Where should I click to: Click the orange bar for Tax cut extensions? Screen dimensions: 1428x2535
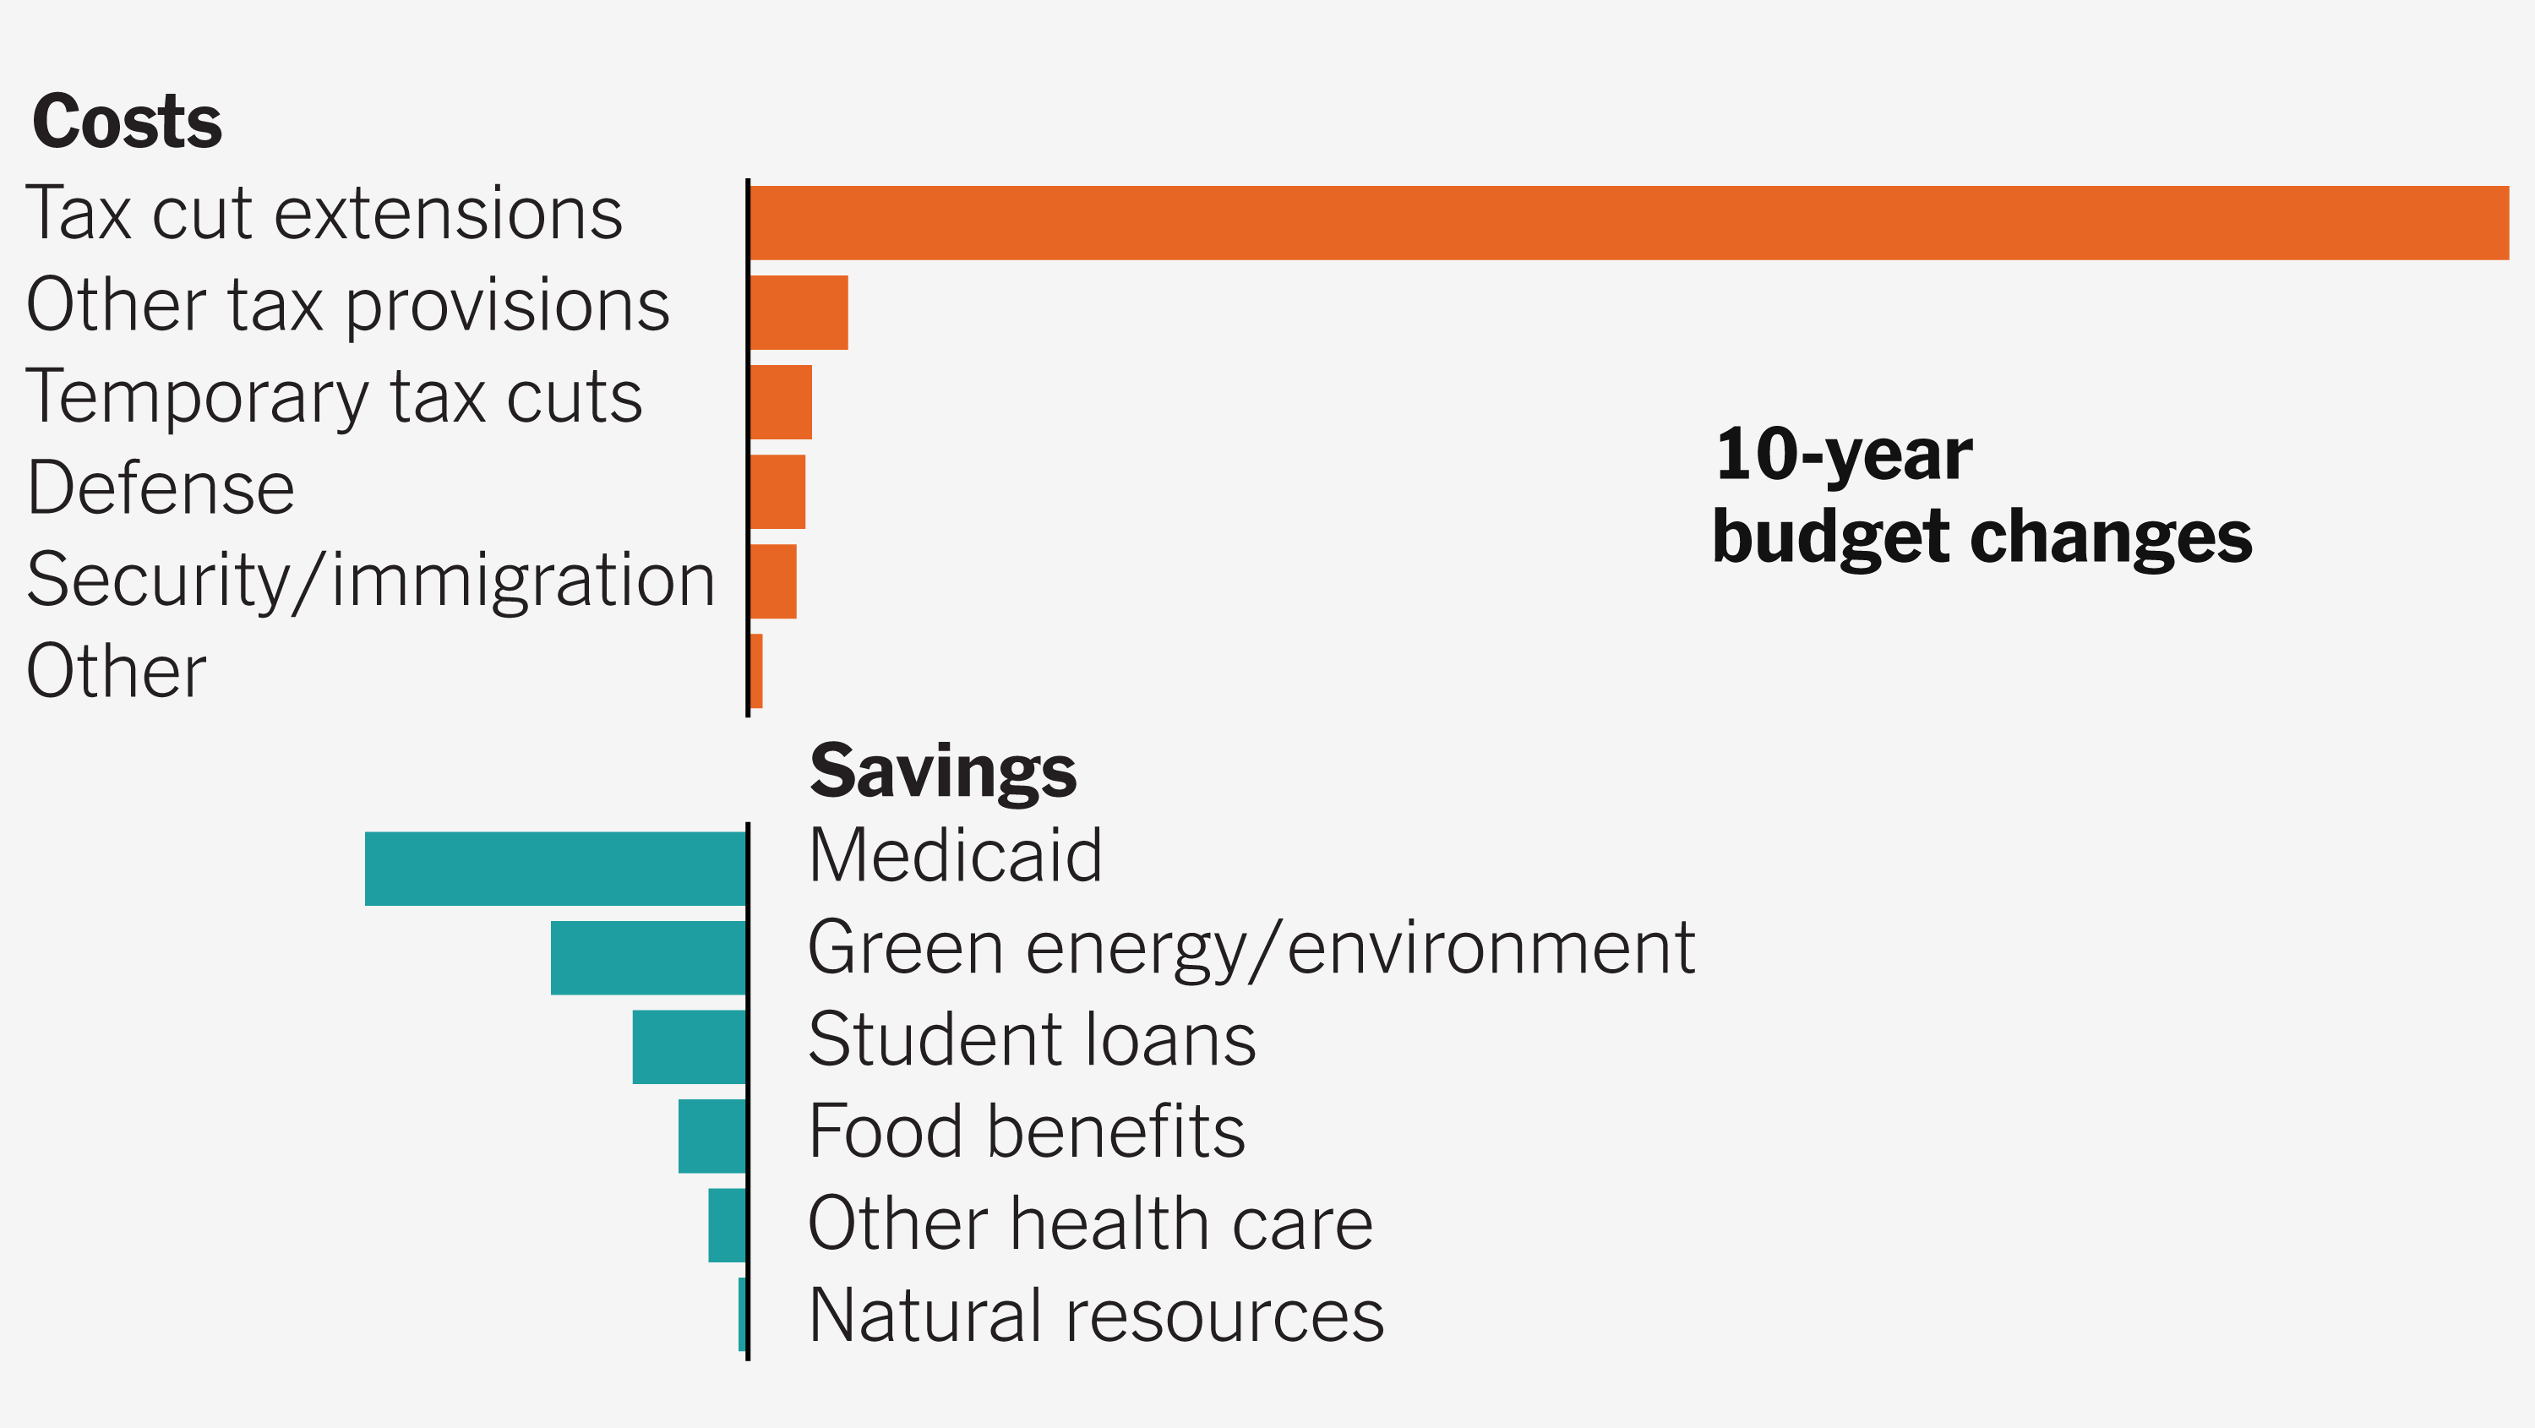coord(1628,222)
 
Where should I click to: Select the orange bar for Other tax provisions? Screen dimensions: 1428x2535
coord(798,312)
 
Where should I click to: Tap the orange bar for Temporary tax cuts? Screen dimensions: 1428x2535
coord(781,401)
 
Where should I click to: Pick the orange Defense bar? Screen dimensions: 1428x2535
coord(777,491)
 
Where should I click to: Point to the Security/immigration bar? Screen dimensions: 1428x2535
coord(772,580)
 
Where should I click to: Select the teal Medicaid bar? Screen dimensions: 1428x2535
coord(555,868)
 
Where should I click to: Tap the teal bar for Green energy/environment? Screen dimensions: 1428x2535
coord(647,957)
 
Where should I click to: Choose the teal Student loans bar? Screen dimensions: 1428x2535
coord(689,1046)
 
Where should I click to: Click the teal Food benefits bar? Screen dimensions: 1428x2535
coord(711,1136)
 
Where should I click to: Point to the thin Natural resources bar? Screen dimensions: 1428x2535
coord(742,1314)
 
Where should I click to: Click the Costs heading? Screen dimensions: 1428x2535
coord(127,122)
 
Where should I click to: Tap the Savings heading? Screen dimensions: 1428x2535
coord(942,771)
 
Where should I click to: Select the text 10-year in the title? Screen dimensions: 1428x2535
coord(1842,455)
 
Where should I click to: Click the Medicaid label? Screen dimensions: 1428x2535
coord(955,855)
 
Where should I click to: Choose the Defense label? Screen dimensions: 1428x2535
coord(161,488)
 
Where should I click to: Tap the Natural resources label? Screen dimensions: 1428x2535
coord(1095,1315)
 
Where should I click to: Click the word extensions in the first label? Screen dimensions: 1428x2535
coord(448,214)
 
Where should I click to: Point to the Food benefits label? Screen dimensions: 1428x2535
coord(1027,1131)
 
